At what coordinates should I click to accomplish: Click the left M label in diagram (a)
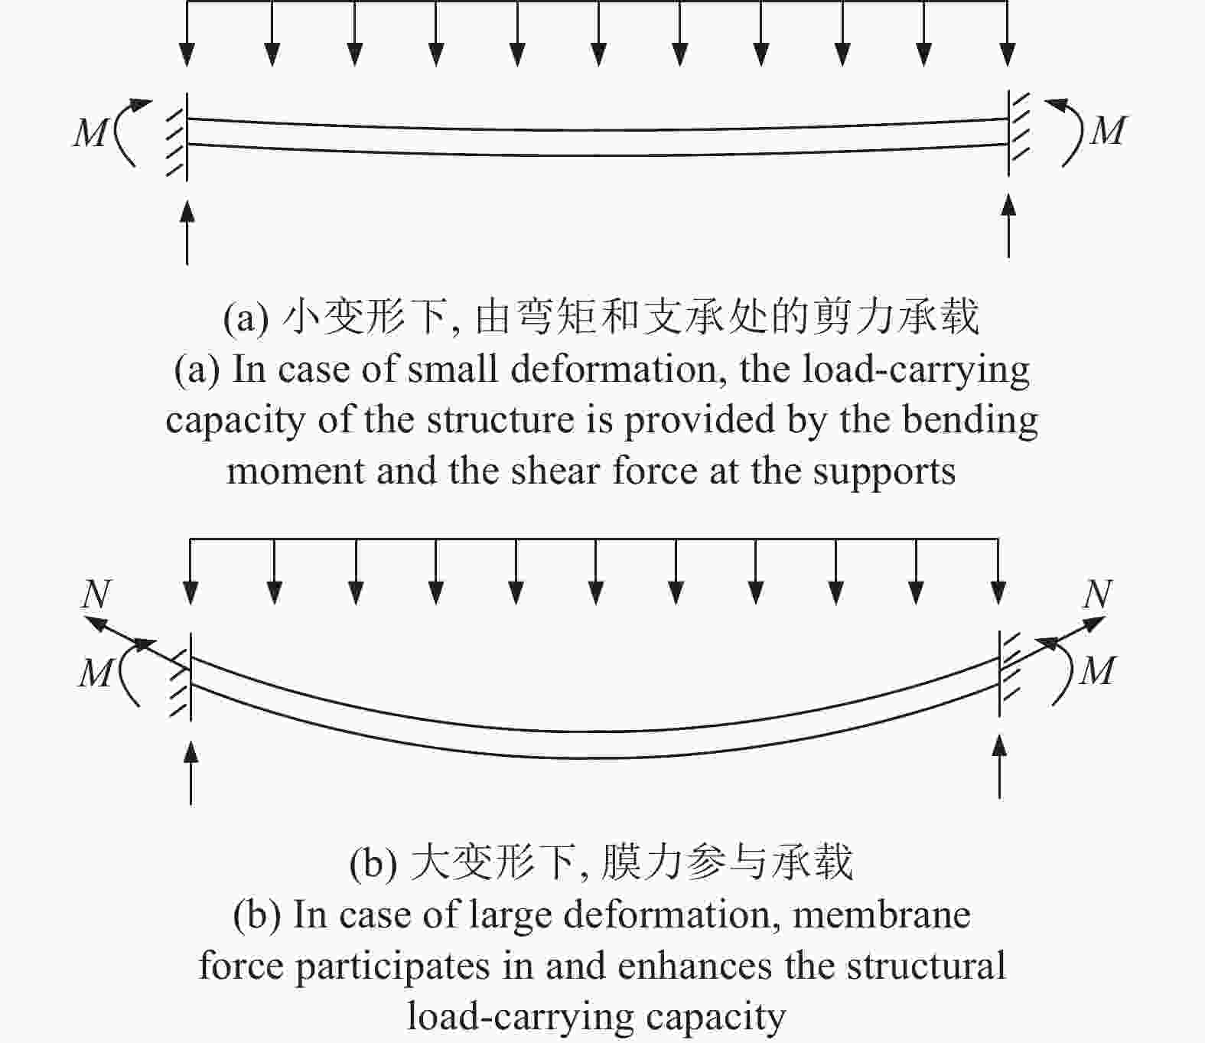pyautogui.click(x=90, y=133)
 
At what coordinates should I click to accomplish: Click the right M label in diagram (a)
pyautogui.click(x=1109, y=131)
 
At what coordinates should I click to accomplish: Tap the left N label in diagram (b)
pyautogui.click(x=96, y=594)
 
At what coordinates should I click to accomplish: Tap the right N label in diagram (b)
pyautogui.click(x=1098, y=594)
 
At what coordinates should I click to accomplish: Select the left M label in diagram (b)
pyautogui.click(x=95, y=673)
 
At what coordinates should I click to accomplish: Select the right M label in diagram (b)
pyautogui.click(x=1098, y=670)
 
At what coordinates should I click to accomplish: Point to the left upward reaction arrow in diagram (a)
pyautogui.click(x=187, y=233)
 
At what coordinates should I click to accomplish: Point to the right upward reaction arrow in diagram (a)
pyautogui.click(x=1008, y=226)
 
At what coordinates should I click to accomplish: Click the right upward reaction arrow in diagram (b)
pyautogui.click(x=1000, y=767)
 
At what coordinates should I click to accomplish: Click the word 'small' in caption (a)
pyautogui.click(x=452, y=370)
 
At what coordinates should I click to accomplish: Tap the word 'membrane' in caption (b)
pyautogui.click(x=881, y=914)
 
